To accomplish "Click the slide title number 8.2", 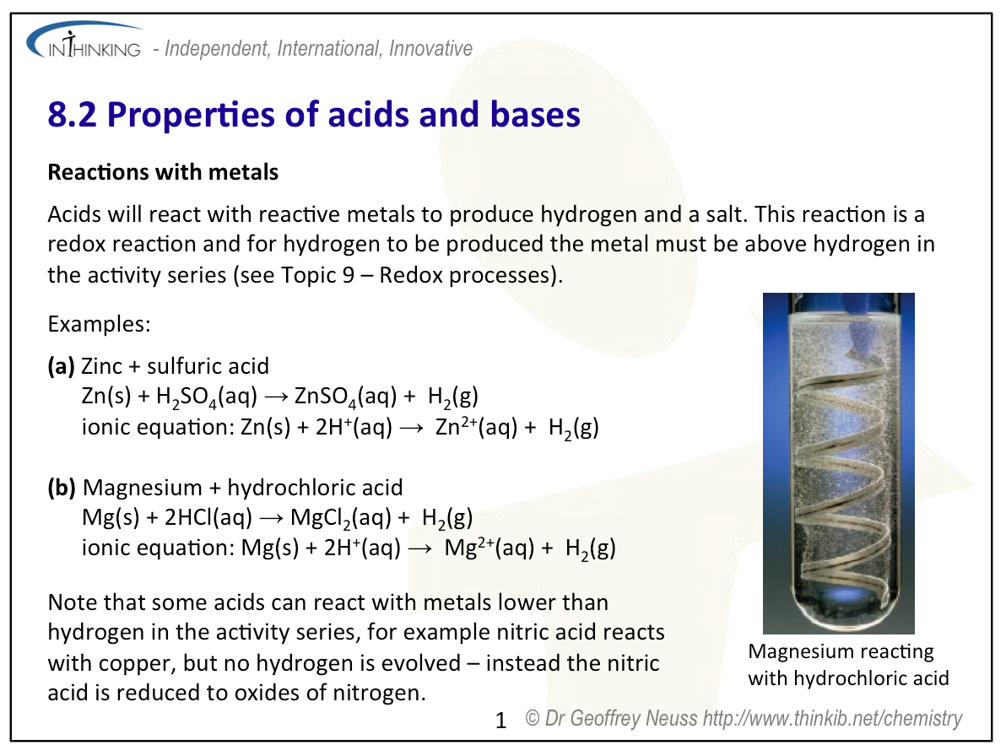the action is (72, 115).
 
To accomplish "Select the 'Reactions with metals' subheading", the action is (163, 172).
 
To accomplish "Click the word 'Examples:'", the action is (99, 324).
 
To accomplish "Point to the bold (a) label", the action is (61, 366).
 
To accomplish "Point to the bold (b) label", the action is (62, 488).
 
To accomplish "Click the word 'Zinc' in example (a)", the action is (101, 366).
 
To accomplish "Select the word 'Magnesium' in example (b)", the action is (143, 488).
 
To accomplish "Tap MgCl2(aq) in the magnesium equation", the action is (341, 518).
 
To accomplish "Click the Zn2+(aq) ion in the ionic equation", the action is (476, 426).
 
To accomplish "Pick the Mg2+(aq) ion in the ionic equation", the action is (489, 548).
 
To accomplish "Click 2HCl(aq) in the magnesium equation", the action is (208, 517).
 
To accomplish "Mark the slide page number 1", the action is (501, 721).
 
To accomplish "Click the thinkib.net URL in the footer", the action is (833, 719).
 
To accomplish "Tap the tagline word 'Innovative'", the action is (430, 49).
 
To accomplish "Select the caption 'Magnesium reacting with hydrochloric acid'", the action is (848, 665).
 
